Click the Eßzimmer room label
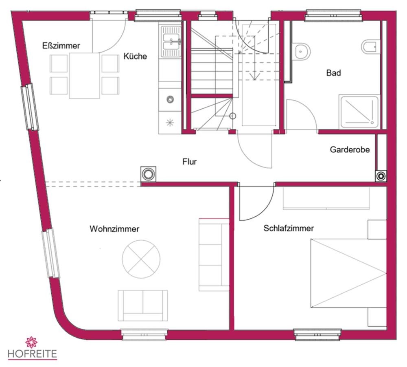tap(61, 46)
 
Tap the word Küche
tap(135, 56)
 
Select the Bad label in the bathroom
tap(333, 73)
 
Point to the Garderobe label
tap(350, 149)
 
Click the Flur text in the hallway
tap(190, 162)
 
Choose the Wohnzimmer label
tap(114, 229)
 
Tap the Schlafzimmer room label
tap(289, 228)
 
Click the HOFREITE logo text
tap(32, 354)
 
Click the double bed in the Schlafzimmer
tap(348, 273)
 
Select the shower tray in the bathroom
tap(359, 112)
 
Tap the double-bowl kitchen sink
tap(171, 41)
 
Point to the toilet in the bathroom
tap(370, 47)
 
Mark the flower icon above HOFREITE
tap(31, 342)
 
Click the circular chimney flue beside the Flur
tap(148, 174)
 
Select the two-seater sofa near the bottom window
tap(142, 305)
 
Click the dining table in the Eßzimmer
tap(84, 76)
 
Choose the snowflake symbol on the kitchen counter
tap(170, 122)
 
